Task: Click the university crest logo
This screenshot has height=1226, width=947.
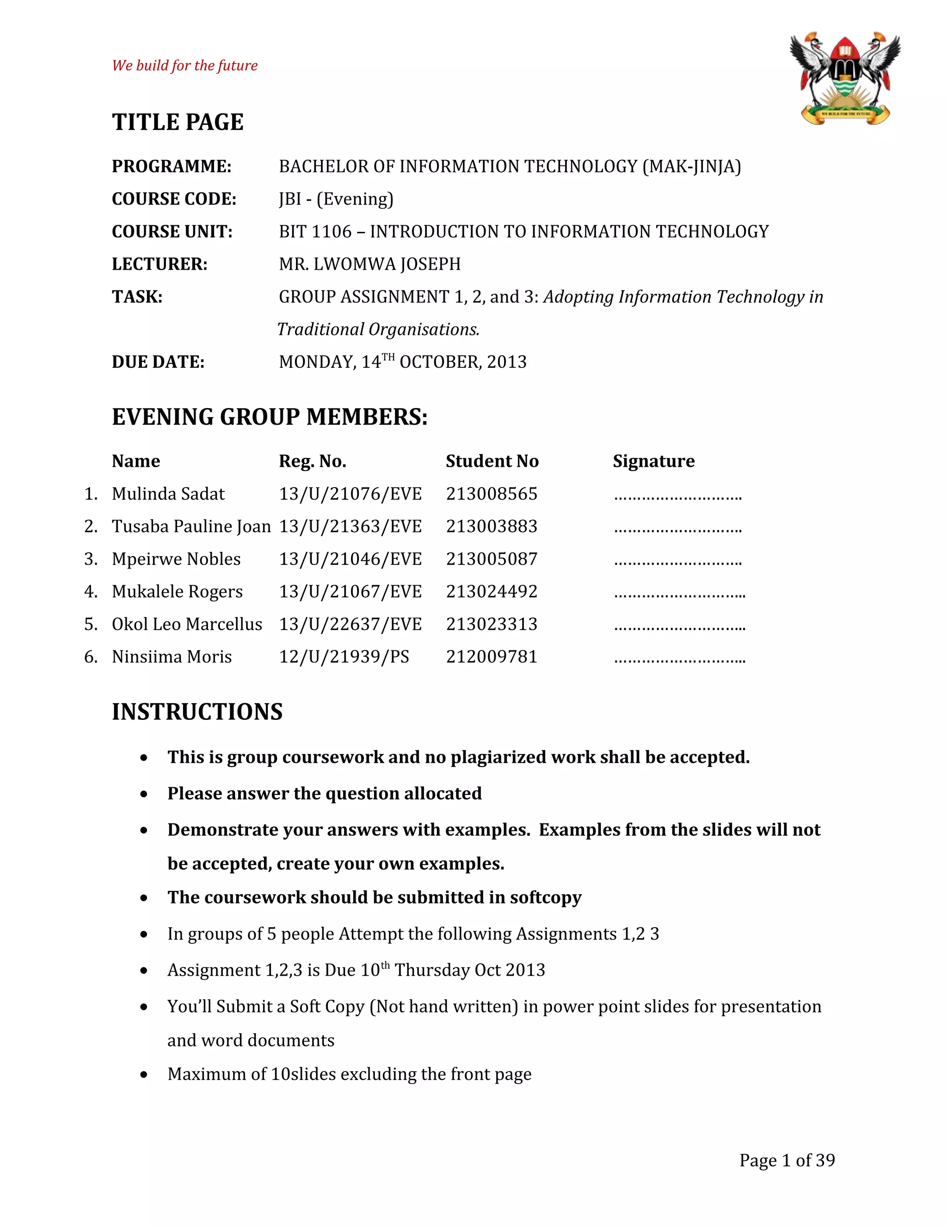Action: pyautogui.click(x=845, y=78)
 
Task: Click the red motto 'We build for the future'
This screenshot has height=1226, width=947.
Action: pyautogui.click(x=184, y=66)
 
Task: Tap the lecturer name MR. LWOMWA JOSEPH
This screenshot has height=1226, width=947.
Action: pyautogui.click(x=370, y=264)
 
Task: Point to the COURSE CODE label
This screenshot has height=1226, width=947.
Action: pyautogui.click(x=174, y=199)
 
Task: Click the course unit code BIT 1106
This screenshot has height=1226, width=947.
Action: pyautogui.click(x=315, y=231)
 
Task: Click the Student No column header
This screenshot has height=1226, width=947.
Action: pyautogui.click(x=492, y=461)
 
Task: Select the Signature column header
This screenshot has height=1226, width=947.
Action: pyautogui.click(x=653, y=461)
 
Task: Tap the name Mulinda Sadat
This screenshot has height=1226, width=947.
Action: pyautogui.click(x=168, y=494)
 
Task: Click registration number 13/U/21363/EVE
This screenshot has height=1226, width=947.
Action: pyautogui.click(x=350, y=526)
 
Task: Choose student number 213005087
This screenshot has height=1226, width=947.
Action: pyautogui.click(x=492, y=559)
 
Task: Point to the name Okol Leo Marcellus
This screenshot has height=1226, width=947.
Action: pyautogui.click(x=187, y=624)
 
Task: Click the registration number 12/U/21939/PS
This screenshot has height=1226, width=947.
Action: pyautogui.click(x=344, y=657)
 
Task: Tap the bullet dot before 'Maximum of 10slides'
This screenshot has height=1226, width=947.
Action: pyautogui.click(x=144, y=1074)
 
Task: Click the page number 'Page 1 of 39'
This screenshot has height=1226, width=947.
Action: pyautogui.click(x=787, y=1160)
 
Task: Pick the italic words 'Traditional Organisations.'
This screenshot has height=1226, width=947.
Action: pyautogui.click(x=378, y=329)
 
